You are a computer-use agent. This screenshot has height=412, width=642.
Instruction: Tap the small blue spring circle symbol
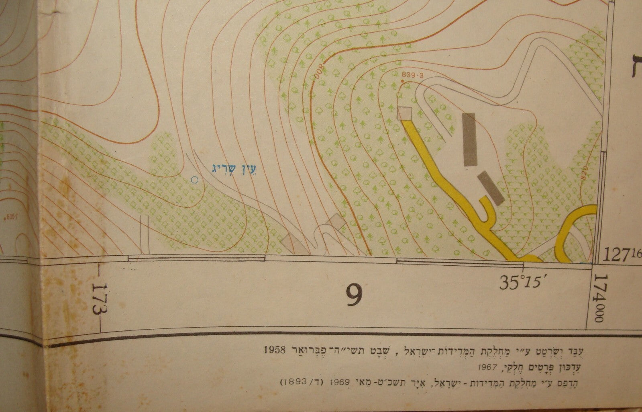195,180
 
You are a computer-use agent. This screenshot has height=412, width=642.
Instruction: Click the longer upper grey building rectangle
469,139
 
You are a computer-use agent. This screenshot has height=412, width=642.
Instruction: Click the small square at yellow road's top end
404,113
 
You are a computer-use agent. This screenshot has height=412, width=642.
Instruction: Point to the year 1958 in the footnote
275,348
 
